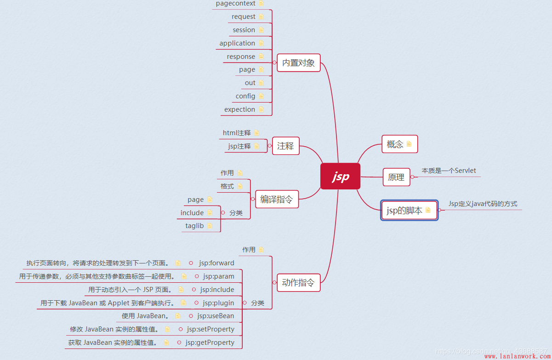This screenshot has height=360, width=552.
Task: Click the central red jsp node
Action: pyautogui.click(x=340, y=176)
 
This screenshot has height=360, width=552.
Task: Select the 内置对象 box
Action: pyautogui.click(x=298, y=63)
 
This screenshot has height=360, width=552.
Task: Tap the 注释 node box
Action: pyautogui.click(x=285, y=146)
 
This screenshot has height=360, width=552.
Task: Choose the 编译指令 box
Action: pyautogui.click(x=276, y=199)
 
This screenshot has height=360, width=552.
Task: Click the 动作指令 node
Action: pyautogui.click(x=298, y=282)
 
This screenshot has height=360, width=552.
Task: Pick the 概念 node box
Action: pyautogui.click(x=399, y=144)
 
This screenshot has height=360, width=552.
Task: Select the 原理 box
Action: pyautogui.click(x=396, y=177)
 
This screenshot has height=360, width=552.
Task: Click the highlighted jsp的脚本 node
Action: pyautogui.click(x=409, y=210)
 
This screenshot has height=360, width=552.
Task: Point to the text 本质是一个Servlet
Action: pyautogui.click(x=449, y=171)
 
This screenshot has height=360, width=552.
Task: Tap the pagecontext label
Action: pyautogui.click(x=235, y=4)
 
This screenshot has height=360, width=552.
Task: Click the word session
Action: pyautogui.click(x=244, y=30)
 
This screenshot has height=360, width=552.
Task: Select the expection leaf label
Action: pyautogui.click(x=239, y=109)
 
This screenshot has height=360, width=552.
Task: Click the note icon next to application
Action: pyautogui.click(x=262, y=43)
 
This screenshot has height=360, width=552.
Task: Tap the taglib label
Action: pyautogui.click(x=194, y=226)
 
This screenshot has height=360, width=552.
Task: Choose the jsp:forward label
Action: pyautogui.click(x=216, y=263)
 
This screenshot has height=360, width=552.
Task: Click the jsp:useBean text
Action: pyautogui.click(x=216, y=316)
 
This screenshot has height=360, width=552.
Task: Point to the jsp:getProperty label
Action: pyautogui.click(x=210, y=343)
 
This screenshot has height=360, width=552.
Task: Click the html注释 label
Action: pyautogui.click(x=237, y=133)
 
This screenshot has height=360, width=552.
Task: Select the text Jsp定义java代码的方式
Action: pyautogui.click(x=483, y=204)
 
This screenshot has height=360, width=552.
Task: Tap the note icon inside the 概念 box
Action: pyautogui.click(x=409, y=144)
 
